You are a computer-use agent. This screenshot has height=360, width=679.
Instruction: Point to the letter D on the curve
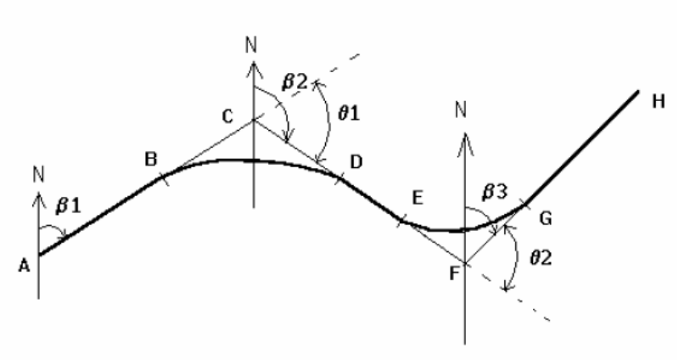(x=355, y=161)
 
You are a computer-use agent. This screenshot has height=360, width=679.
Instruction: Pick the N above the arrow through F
(x=462, y=110)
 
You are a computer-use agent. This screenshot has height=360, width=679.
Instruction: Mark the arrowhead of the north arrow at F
(x=463, y=131)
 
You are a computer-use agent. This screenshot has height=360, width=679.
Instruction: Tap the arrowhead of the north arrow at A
(x=39, y=194)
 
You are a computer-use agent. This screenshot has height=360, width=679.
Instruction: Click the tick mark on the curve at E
(x=401, y=222)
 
